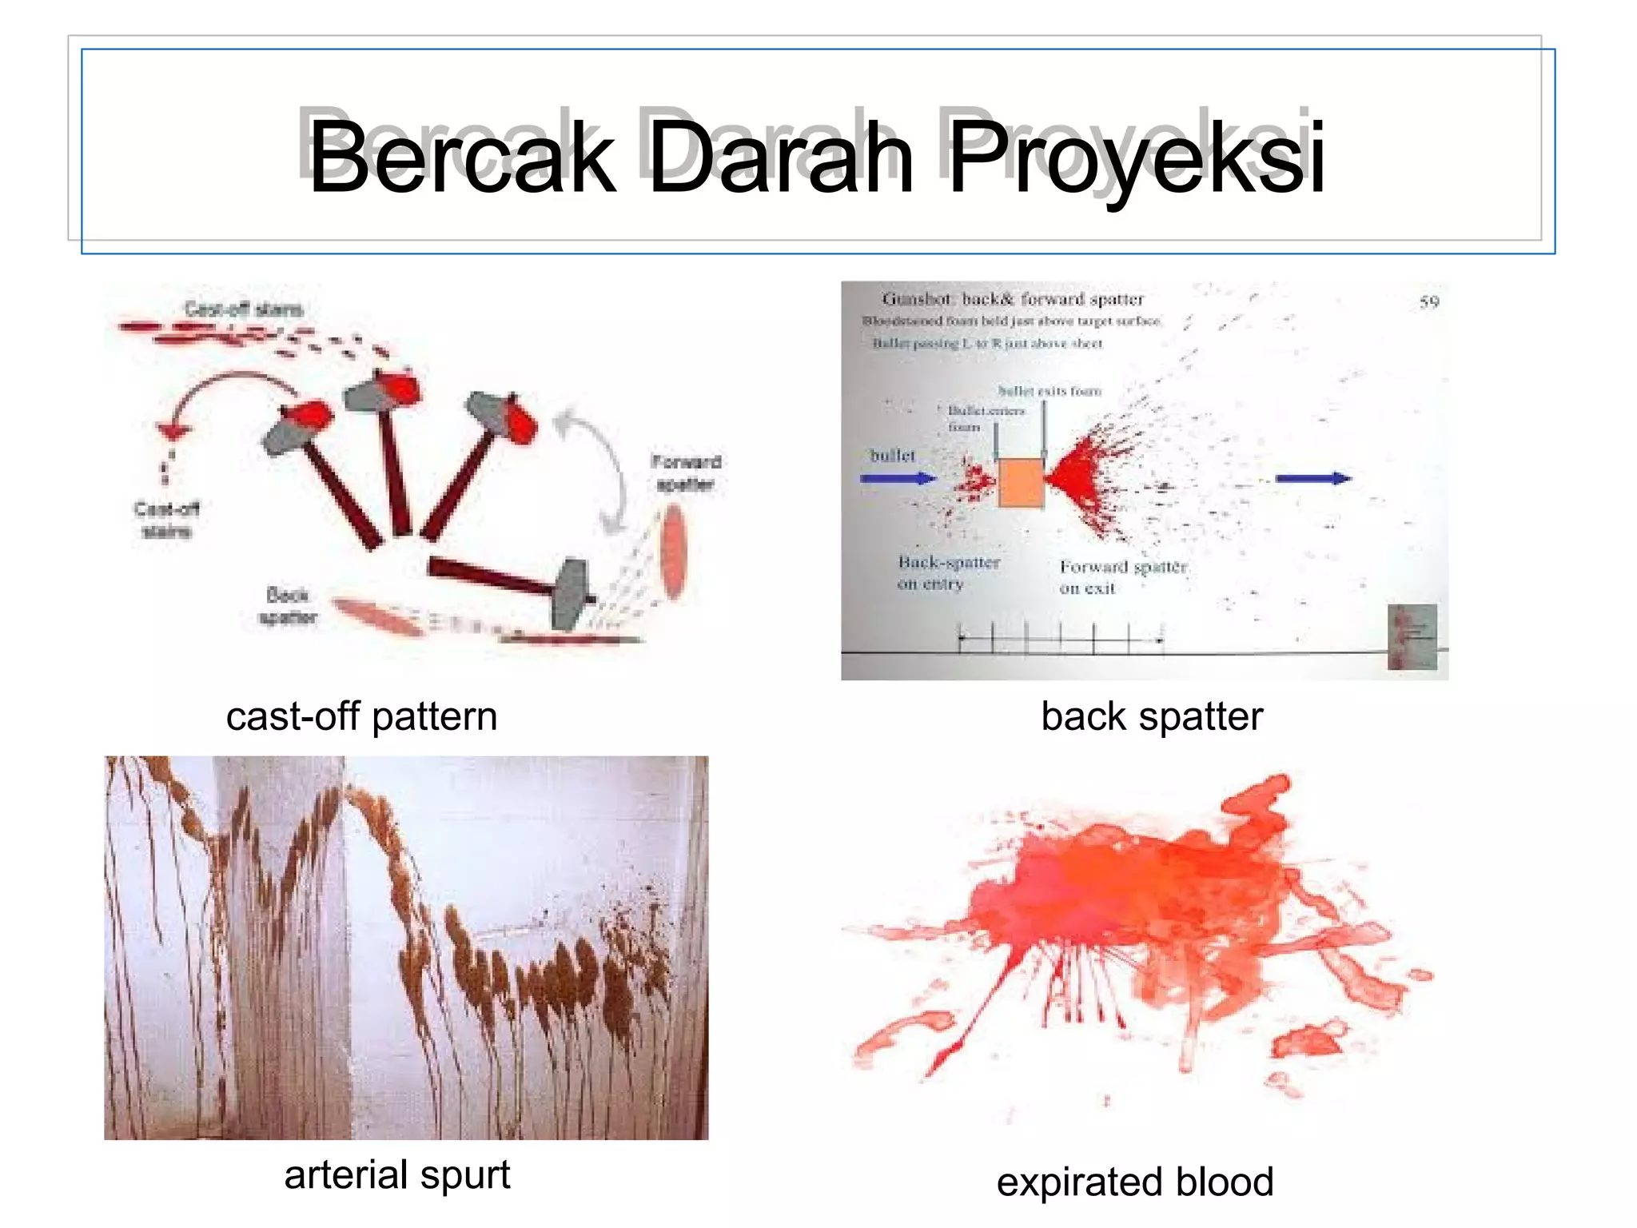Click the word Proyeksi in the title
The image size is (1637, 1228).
(x=1135, y=157)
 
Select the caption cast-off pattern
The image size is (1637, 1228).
(x=361, y=716)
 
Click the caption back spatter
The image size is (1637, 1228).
(x=1152, y=716)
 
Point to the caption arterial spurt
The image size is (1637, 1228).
(x=397, y=1175)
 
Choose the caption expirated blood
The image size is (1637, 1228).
(x=1135, y=1182)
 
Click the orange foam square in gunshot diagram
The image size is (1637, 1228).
(x=1021, y=482)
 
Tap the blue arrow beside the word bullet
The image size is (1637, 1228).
(x=898, y=479)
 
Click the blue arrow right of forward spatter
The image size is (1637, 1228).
(x=1312, y=478)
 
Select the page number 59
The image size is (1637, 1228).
(x=1429, y=302)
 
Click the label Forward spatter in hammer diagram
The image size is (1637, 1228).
(x=686, y=472)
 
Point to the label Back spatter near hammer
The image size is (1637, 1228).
(x=288, y=606)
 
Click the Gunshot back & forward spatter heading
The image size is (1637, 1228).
(x=1013, y=299)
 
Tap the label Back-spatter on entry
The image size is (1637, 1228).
(x=947, y=572)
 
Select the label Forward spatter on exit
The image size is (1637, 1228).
(x=1122, y=576)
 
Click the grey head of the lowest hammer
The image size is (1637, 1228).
(x=571, y=593)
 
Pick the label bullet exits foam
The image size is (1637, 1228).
(x=1050, y=391)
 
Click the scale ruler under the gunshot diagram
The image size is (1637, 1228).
(x=1061, y=638)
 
